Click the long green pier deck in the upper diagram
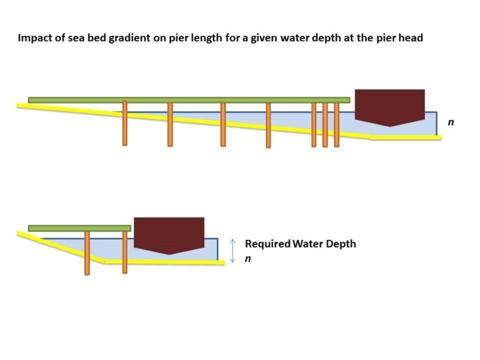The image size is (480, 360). point(189,100)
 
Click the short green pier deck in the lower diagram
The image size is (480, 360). point(80,228)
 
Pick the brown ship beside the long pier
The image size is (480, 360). point(390,108)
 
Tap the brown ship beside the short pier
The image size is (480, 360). point(169,236)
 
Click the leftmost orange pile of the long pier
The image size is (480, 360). point(125,123)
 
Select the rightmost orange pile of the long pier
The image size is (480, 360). point(336,125)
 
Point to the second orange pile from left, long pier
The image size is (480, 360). point(170,124)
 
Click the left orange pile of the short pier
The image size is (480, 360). point(87,253)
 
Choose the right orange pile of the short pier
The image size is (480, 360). point(125,252)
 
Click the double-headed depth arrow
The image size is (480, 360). point(232,251)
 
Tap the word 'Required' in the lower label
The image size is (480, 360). point(268,244)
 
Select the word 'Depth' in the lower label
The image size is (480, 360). point(341,244)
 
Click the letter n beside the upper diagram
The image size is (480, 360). point(450,122)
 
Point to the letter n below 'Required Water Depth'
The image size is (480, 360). point(248,259)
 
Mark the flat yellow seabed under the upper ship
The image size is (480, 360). point(406,138)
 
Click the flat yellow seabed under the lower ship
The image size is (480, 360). point(164,262)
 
